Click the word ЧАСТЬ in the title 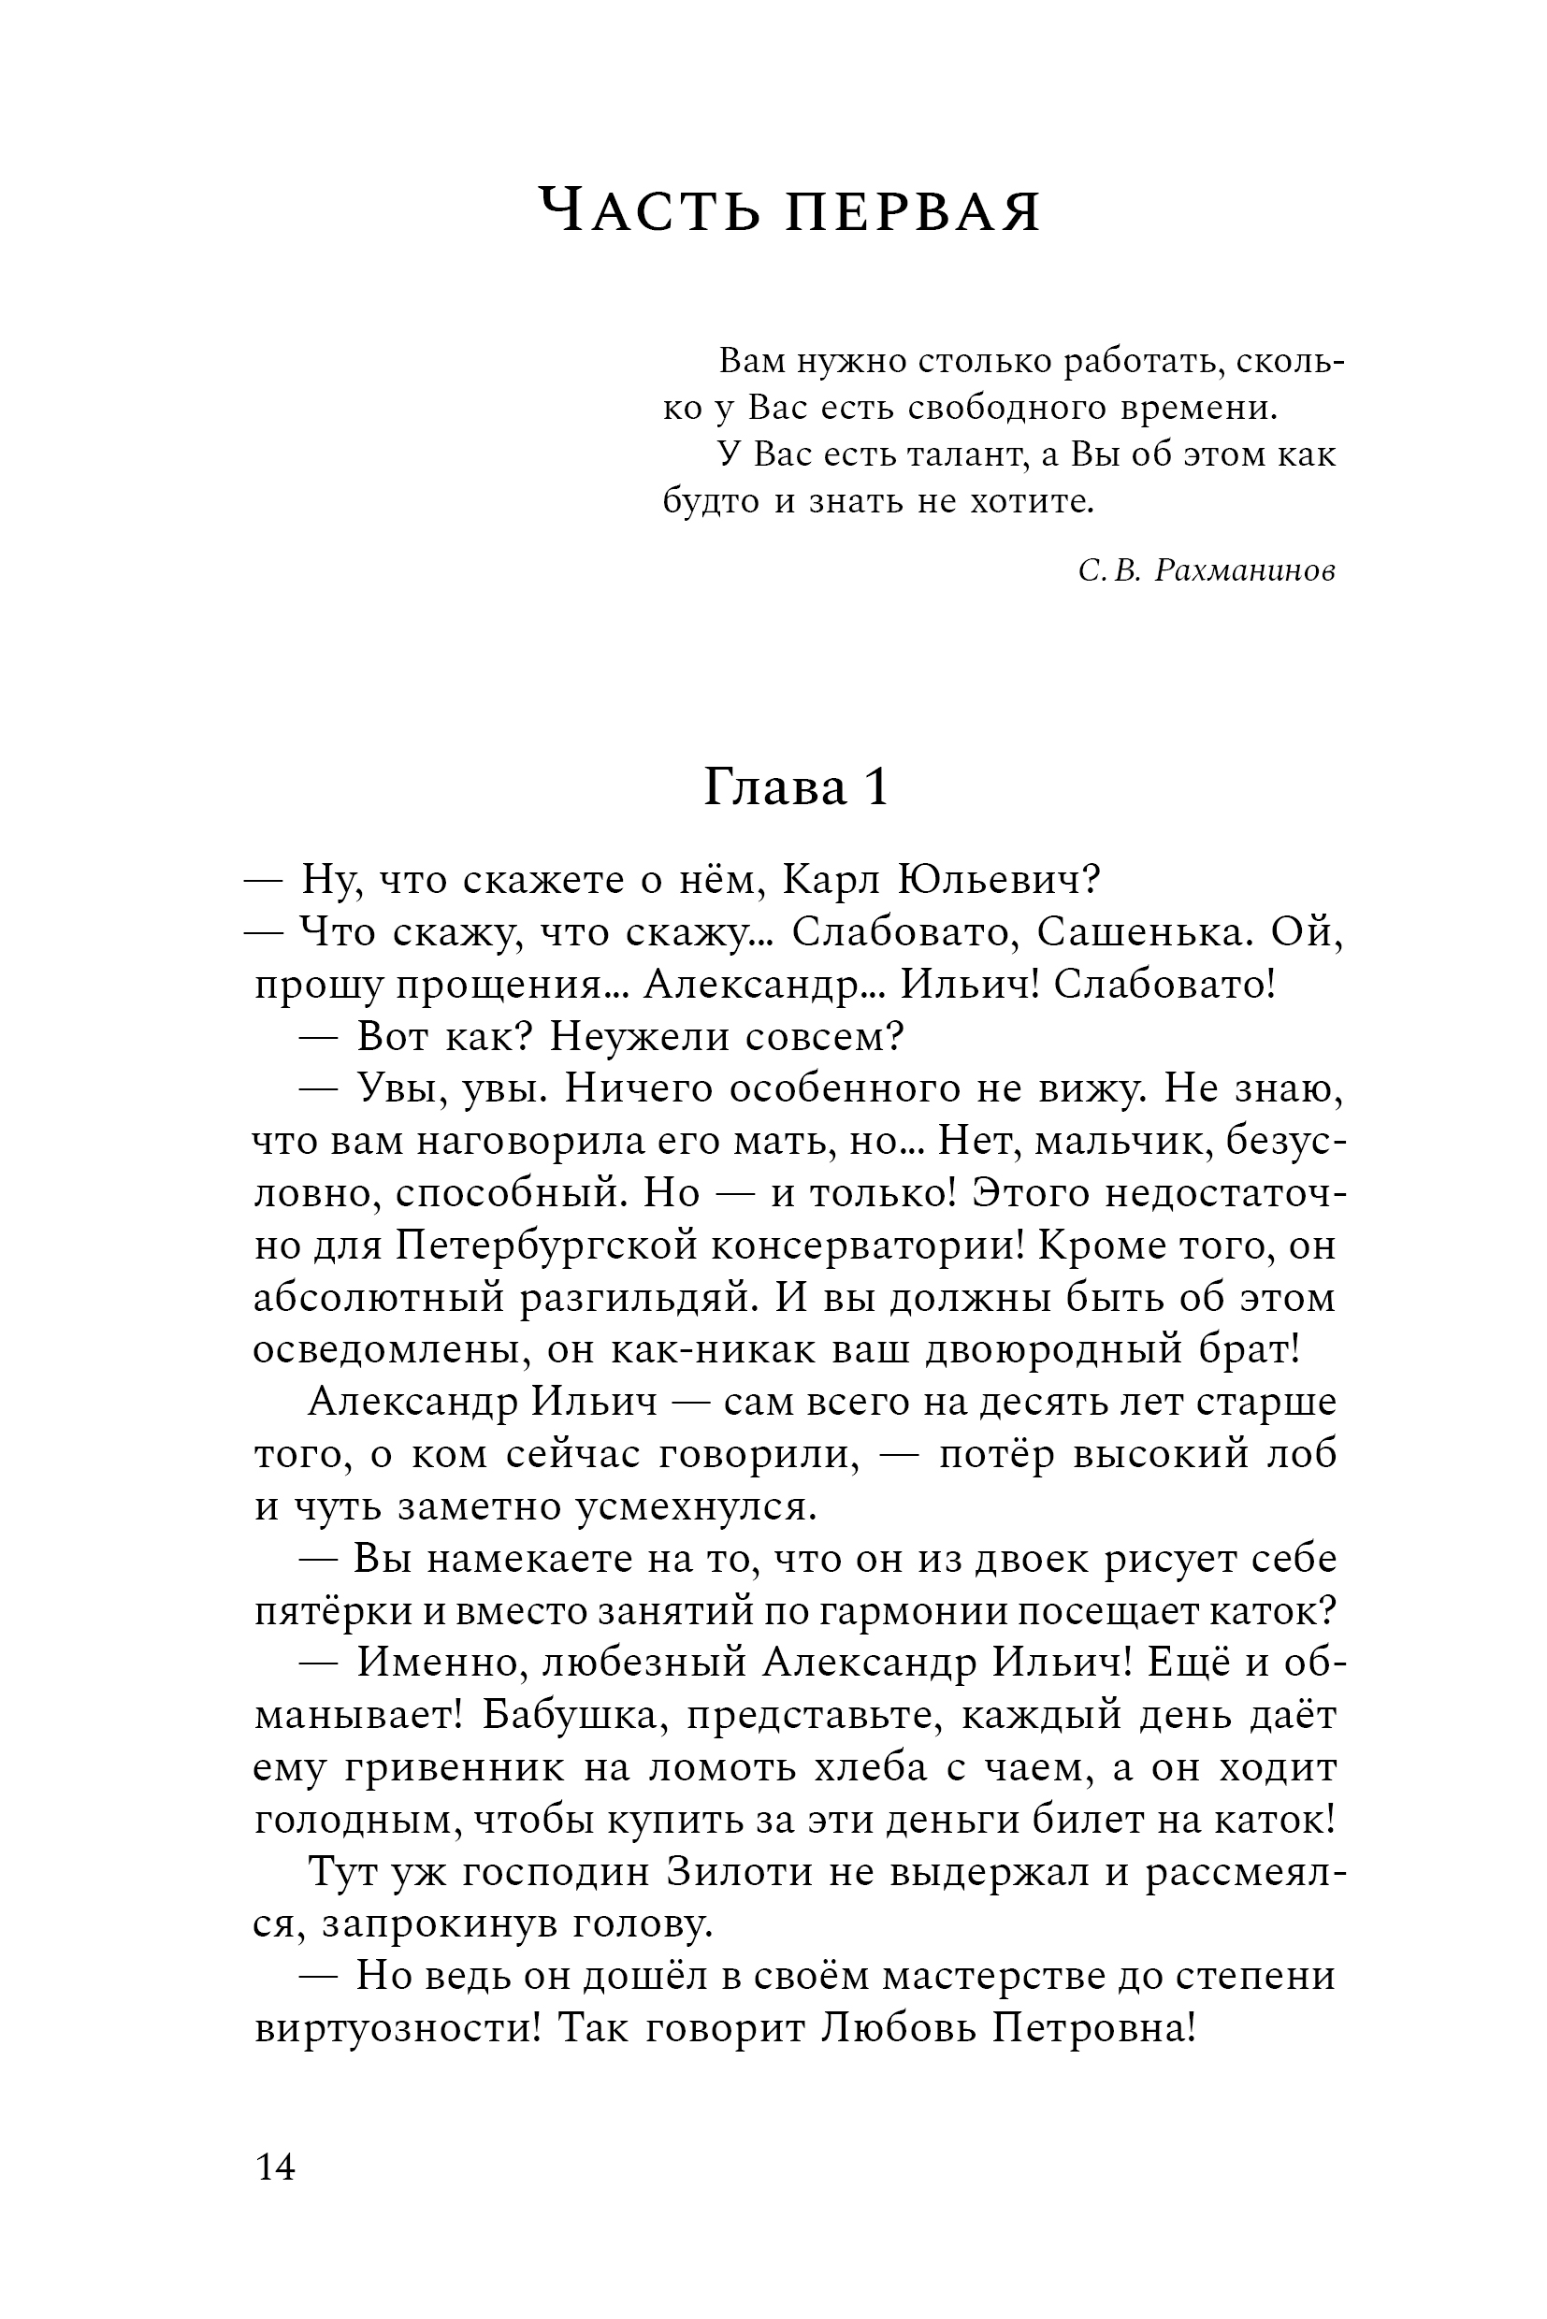point(650,212)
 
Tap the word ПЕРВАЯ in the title point(913,212)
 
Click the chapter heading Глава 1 point(795,788)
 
